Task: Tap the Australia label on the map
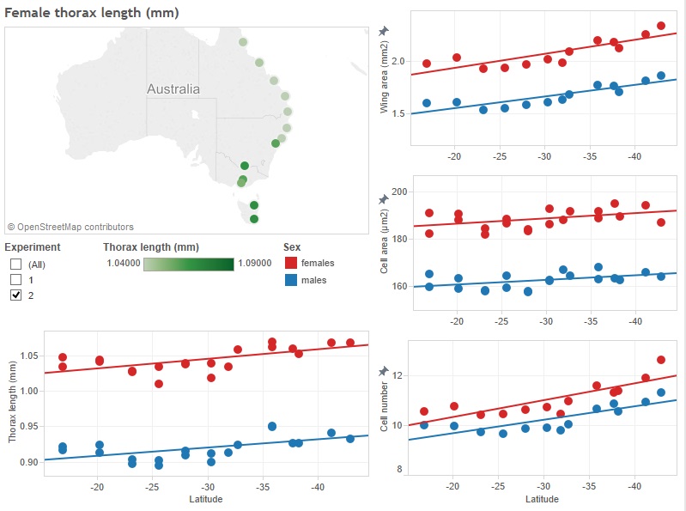[173, 89]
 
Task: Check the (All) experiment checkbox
[15, 264]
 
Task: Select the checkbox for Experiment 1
[15, 279]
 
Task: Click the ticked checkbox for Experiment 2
[15, 295]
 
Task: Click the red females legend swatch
[291, 263]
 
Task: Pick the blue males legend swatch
[291, 280]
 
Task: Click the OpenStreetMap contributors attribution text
[70, 228]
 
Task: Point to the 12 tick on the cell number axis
[397, 375]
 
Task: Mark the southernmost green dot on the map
[254, 219]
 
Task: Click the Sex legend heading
[291, 246]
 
